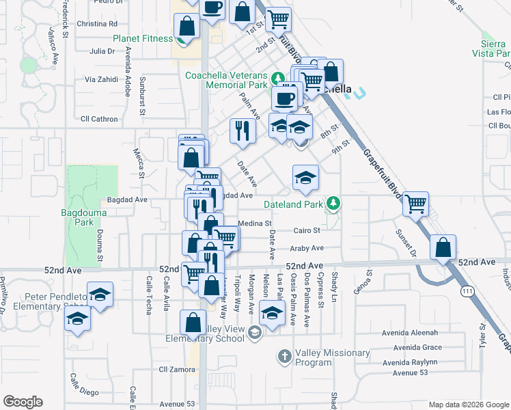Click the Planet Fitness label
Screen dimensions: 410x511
coord(143,39)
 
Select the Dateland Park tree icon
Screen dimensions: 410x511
coord(333,203)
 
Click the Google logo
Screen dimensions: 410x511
coord(23,402)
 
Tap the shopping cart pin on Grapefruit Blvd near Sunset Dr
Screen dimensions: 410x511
coord(415,204)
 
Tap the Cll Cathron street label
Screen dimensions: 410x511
coord(99,119)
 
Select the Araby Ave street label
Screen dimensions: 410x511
coord(307,249)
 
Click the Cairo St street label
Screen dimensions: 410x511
coord(307,231)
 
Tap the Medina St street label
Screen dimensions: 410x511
coord(255,223)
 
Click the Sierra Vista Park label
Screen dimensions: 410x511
coord(495,46)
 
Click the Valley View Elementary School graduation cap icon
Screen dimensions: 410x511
coord(254,333)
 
